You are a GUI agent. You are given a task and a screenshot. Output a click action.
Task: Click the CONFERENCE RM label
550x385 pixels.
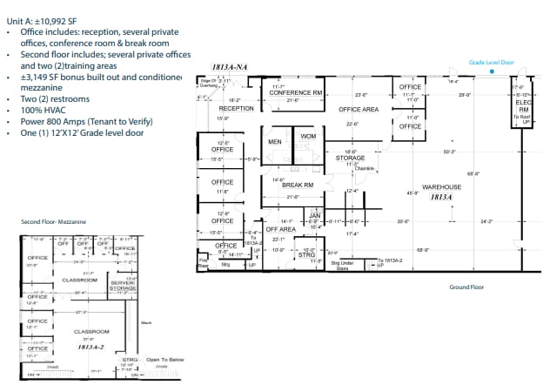[x=296, y=92]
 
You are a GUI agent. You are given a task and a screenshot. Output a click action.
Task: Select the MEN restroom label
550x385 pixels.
[x=275, y=140]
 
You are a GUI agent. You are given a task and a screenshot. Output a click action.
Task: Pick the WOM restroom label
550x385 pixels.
[x=307, y=137]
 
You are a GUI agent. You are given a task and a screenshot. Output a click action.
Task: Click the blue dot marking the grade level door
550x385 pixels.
[x=493, y=73]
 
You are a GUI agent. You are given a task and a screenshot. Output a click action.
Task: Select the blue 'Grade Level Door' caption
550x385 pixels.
[x=492, y=62]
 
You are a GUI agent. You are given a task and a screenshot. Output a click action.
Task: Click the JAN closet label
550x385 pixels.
[x=315, y=214]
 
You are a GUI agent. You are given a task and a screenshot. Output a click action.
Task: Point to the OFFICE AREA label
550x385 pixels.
[x=358, y=109]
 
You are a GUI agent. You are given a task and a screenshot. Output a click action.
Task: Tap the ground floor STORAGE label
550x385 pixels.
[x=350, y=158]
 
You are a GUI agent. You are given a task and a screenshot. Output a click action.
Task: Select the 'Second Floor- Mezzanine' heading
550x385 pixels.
[x=53, y=222]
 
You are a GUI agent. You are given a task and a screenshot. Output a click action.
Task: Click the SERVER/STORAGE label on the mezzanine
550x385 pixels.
[x=123, y=285]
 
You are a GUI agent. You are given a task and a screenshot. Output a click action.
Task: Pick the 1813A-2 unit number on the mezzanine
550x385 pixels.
[x=91, y=347]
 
